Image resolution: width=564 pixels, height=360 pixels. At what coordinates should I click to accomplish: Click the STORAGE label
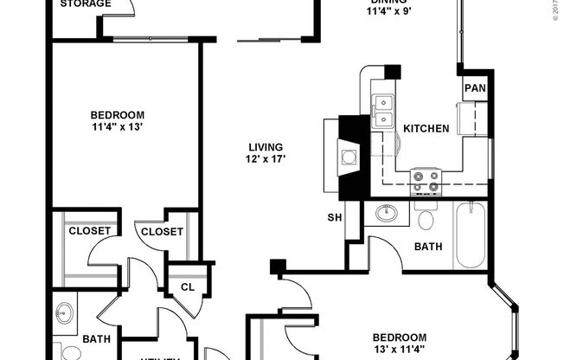(x=85, y=4)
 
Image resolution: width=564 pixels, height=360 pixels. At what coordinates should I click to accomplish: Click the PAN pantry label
(x=473, y=88)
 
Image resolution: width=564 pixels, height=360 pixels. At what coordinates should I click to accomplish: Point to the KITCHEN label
(x=426, y=129)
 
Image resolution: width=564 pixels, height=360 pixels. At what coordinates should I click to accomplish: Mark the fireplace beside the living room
(x=348, y=157)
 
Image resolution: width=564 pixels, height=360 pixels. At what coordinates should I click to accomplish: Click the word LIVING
(x=265, y=146)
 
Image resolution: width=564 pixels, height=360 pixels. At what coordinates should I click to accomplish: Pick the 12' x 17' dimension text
(x=265, y=159)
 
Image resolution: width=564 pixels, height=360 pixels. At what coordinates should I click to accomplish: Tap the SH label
(x=333, y=217)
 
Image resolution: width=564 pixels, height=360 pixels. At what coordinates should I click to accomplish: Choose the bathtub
(x=472, y=235)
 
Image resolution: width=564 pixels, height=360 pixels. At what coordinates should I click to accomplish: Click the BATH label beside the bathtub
(x=428, y=247)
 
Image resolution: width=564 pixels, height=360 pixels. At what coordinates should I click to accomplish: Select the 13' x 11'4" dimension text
(x=399, y=350)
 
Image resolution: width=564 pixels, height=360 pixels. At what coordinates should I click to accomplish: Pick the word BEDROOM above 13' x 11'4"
(x=399, y=337)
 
